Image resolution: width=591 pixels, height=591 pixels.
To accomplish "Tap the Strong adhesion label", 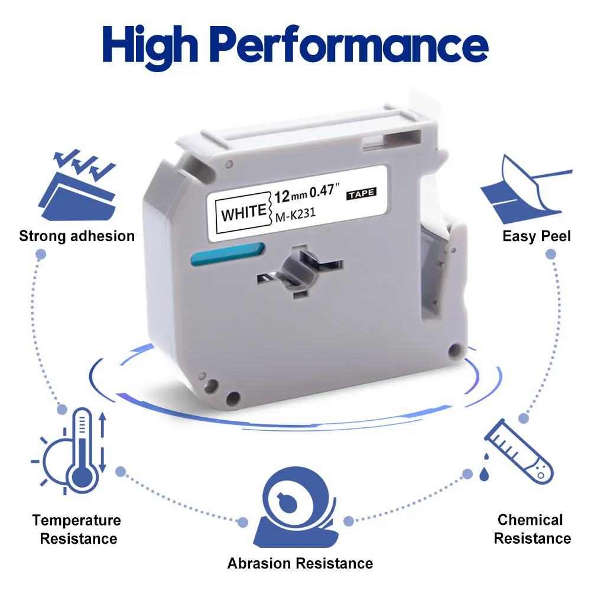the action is (77, 236).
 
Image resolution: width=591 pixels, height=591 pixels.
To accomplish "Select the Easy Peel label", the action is (537, 236).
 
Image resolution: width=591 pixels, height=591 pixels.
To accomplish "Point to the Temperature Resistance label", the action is (77, 529).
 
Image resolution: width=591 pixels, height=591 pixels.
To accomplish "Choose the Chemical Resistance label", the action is (532, 529).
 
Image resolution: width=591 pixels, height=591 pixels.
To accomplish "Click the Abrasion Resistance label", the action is (300, 563).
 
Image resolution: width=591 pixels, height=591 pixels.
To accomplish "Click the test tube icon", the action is (519, 451).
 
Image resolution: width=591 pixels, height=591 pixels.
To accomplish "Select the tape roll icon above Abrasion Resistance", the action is (296, 507).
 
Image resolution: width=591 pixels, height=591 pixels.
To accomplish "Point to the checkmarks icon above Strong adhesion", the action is (77, 184).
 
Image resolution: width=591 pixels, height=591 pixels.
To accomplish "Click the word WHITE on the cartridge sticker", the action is (244, 212).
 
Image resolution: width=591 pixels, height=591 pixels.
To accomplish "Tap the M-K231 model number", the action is (295, 215).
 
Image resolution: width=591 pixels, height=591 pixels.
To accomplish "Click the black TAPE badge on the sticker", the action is (362, 194).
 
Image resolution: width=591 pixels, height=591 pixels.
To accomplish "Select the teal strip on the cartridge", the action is (228, 254).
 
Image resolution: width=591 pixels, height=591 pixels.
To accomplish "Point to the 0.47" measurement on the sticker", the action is (324, 190).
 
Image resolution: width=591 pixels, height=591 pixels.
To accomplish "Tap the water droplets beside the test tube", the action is (485, 467).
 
